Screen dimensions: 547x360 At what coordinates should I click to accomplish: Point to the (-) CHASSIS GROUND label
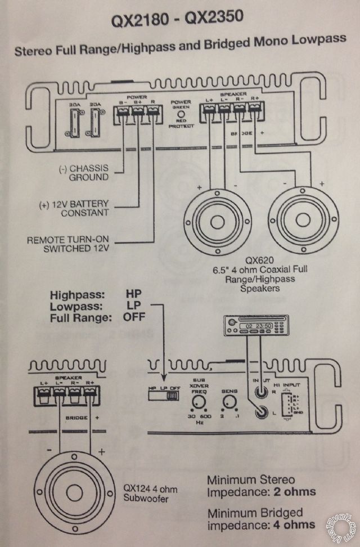point(84,173)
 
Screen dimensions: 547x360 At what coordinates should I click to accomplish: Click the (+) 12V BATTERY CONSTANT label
point(78,208)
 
